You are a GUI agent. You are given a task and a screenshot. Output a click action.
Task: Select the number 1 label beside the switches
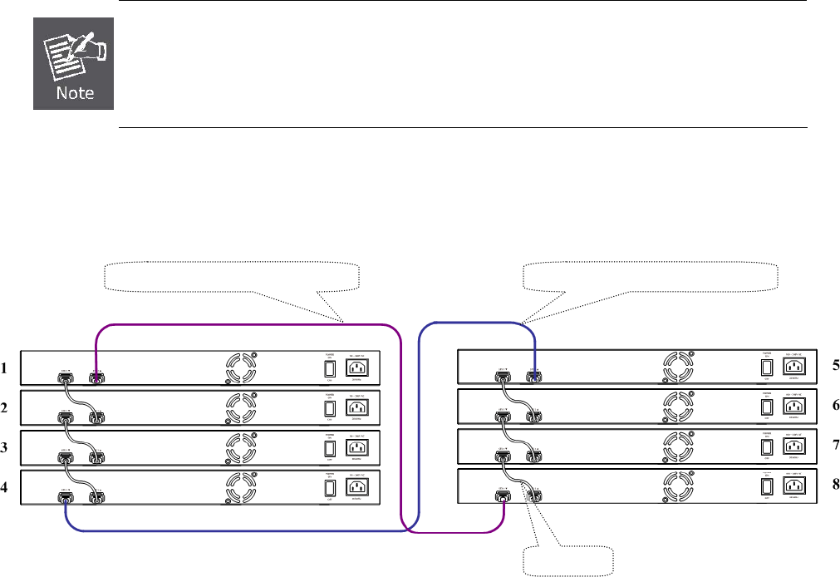[7, 367]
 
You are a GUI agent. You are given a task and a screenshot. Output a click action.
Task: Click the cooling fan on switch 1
[241, 367]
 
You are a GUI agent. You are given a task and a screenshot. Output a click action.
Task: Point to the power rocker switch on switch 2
[329, 407]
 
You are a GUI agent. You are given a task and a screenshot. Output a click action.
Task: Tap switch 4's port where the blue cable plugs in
[64, 499]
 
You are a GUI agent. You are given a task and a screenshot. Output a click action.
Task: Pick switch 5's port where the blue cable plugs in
[534, 378]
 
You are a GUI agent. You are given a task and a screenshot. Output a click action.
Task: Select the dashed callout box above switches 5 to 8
[651, 276]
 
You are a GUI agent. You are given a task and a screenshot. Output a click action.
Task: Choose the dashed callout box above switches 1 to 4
[233, 276]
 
